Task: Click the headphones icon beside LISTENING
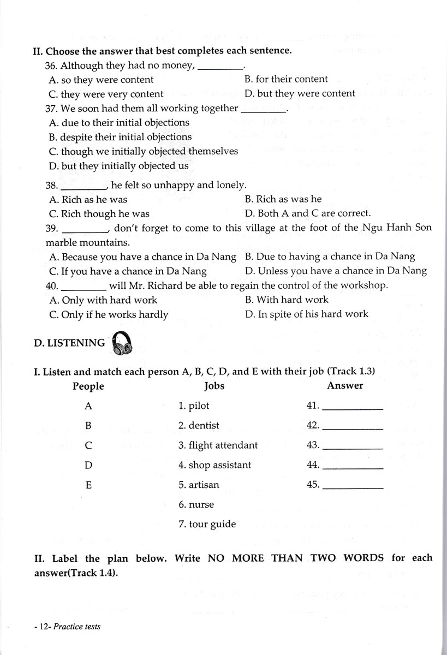(x=122, y=344)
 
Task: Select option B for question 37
(x=120, y=137)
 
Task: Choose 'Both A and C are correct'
(x=308, y=213)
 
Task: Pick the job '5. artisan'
(x=199, y=485)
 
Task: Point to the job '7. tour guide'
(x=207, y=525)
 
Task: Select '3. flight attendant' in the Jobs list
(x=218, y=445)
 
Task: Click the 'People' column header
(x=88, y=386)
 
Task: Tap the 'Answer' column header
(x=345, y=386)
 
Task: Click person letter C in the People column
(x=88, y=445)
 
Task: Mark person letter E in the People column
(x=88, y=485)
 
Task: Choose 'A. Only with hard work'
(x=103, y=300)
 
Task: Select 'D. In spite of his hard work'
(x=307, y=314)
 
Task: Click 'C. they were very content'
(x=106, y=94)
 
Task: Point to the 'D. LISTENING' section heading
(x=69, y=343)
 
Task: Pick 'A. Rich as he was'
(x=88, y=199)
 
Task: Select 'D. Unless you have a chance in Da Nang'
(x=336, y=271)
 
